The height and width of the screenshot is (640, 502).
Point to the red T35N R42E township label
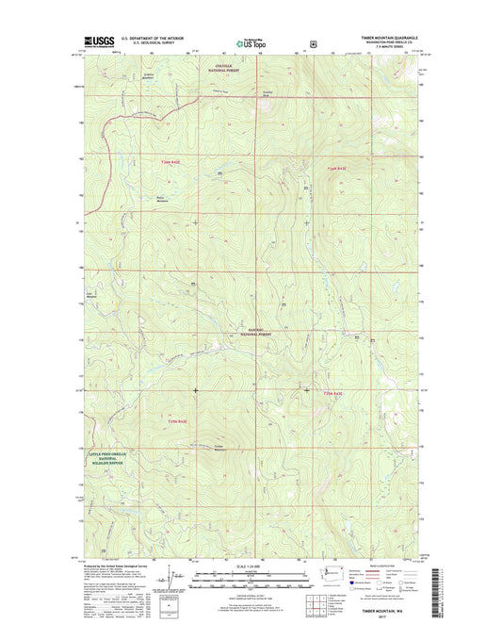point(177,421)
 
